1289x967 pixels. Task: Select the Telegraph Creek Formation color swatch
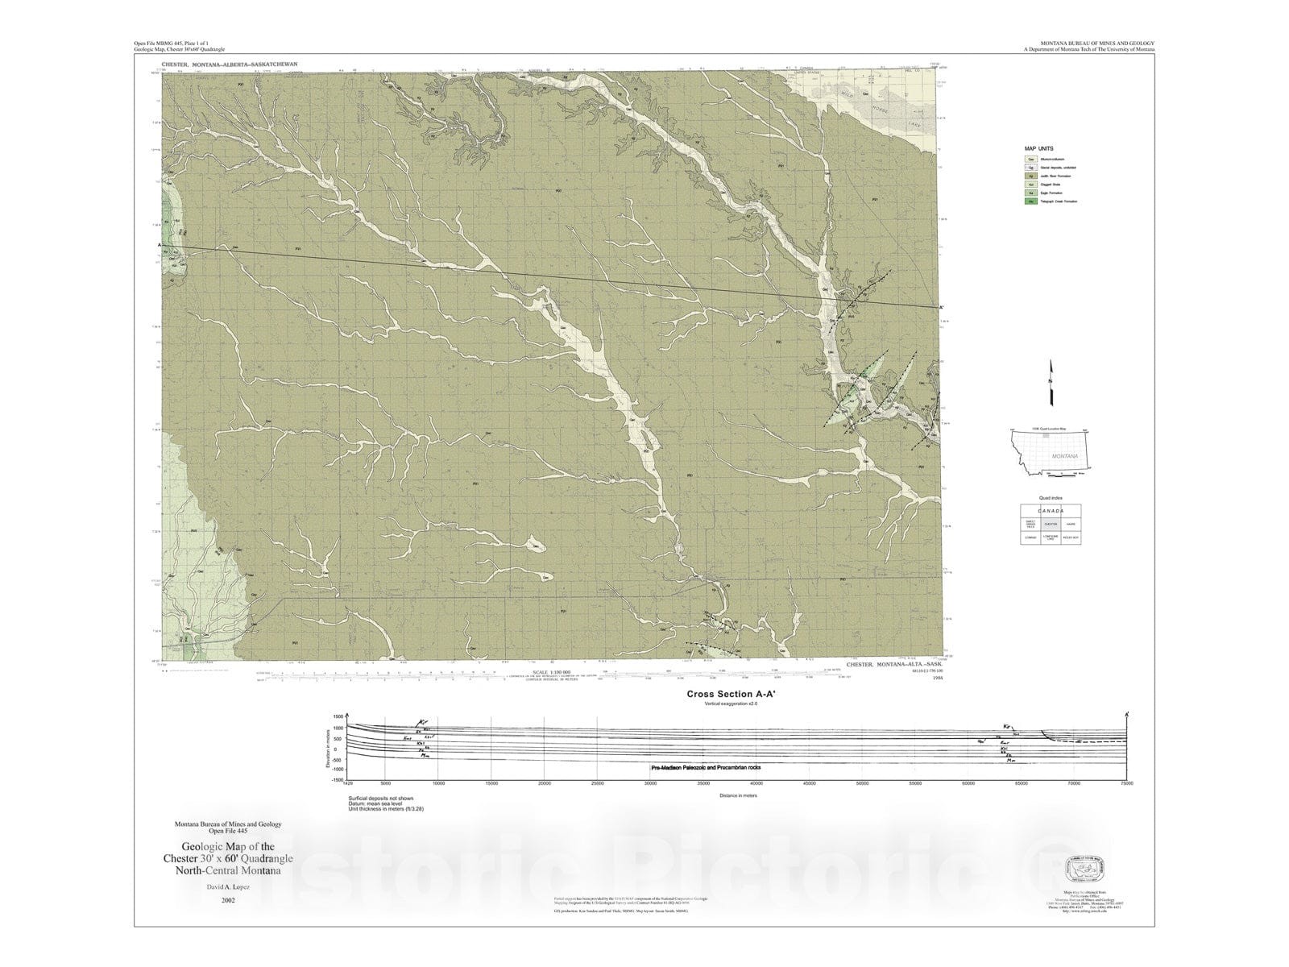coord(1031,201)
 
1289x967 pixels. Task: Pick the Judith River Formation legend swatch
coord(1031,176)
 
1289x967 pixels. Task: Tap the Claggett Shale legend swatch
coord(1031,185)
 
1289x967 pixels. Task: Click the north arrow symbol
coord(1051,382)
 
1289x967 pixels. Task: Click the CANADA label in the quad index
coord(1050,511)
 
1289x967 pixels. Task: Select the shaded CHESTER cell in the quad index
coord(1050,524)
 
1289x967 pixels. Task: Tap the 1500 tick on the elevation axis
coord(338,716)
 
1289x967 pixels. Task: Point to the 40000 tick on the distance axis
coord(756,783)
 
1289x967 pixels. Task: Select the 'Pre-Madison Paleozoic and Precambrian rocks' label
coord(705,768)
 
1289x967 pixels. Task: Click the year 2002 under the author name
coord(228,901)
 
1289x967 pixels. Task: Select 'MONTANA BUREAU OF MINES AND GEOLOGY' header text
coord(1086,43)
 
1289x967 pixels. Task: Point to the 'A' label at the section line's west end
coord(160,245)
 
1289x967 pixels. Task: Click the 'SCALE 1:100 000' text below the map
coord(551,672)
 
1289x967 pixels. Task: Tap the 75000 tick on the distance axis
coord(1126,783)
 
